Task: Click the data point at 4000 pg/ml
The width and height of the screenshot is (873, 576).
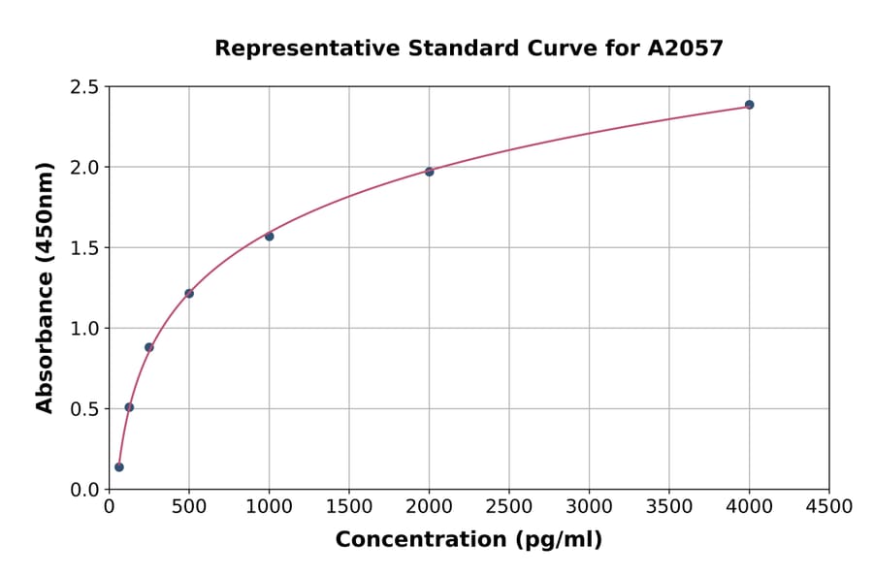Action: click(x=749, y=105)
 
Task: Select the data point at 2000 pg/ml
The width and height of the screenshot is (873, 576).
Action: click(x=429, y=172)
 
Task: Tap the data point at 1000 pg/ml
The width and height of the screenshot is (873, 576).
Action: click(x=269, y=237)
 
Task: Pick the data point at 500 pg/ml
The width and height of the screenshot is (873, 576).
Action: click(x=189, y=294)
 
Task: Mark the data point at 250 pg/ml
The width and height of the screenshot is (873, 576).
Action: click(x=149, y=347)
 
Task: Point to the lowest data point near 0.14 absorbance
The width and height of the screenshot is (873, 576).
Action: click(x=119, y=467)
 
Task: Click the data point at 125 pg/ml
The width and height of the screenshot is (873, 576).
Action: click(x=129, y=407)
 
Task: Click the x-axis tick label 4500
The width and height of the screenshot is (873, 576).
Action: click(x=828, y=507)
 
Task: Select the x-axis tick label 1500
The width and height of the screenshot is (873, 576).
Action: click(x=349, y=507)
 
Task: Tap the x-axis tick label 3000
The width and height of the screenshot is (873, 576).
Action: click(x=589, y=507)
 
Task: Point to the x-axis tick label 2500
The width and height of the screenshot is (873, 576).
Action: click(x=509, y=507)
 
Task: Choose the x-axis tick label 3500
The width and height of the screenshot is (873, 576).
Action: click(x=669, y=507)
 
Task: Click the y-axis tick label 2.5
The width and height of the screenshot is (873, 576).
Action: click(x=84, y=87)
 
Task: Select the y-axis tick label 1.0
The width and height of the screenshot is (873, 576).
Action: click(x=84, y=329)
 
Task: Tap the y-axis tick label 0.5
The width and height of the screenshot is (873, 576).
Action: click(x=84, y=409)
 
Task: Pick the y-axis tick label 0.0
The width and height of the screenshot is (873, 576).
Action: click(x=84, y=490)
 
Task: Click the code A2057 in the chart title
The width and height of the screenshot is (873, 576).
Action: click(x=685, y=48)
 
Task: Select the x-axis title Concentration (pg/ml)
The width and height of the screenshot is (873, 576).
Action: click(x=469, y=540)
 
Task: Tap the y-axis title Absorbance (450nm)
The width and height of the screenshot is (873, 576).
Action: click(x=45, y=288)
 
